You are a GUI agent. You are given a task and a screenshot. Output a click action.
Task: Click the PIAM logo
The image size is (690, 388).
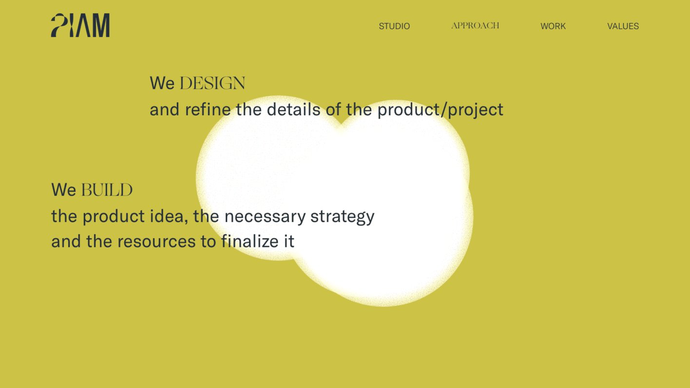pos(80,25)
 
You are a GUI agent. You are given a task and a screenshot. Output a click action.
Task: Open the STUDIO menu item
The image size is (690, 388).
pos(394,26)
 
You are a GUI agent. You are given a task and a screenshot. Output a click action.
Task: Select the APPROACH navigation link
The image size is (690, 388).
pos(475,25)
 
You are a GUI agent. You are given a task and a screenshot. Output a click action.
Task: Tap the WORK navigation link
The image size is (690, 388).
pos(553,26)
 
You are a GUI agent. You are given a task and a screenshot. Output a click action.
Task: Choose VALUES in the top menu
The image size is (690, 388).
pos(623,26)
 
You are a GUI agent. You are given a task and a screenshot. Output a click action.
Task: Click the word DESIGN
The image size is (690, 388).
pos(212,83)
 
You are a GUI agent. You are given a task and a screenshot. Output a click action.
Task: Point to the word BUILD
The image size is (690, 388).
pos(107,190)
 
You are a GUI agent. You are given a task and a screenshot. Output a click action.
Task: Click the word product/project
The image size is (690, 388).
pos(440,110)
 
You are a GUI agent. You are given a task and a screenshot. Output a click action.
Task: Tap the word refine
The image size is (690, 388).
pos(208,109)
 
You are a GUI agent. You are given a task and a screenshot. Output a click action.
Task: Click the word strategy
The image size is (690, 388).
pos(342,217)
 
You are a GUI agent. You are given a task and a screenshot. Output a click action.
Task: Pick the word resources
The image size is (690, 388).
pos(156,241)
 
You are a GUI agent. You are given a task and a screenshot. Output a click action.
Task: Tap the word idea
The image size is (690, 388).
pos(169,216)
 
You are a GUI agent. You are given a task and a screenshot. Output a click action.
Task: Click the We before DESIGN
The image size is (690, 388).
pos(162,83)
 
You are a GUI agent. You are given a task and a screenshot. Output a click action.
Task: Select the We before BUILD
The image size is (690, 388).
pos(63,190)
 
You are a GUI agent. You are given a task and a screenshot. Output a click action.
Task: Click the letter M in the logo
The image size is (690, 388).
pos(101,25)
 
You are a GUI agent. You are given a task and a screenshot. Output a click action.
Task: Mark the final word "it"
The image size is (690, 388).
pos(289,241)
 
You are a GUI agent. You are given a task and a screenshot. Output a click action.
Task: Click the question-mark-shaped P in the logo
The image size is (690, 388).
pos(59,25)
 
